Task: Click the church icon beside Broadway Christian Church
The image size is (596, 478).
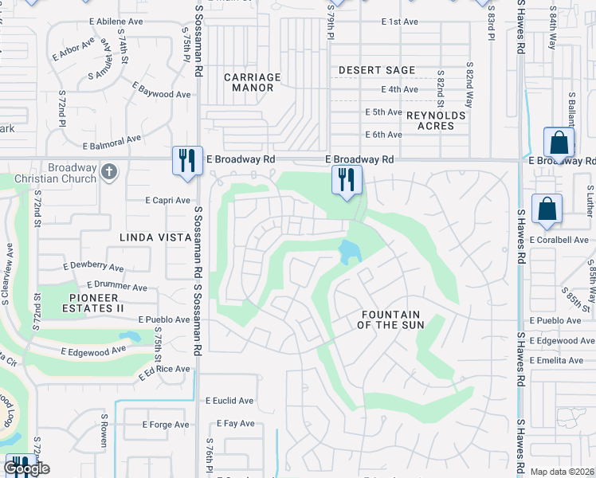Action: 110,171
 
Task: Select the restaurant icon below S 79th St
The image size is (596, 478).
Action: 347,178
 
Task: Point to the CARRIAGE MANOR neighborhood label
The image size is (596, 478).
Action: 252,83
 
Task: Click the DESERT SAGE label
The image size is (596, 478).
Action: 377,70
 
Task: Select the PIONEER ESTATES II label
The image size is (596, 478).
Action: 92,303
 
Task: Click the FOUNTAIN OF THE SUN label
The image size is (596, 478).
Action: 390,319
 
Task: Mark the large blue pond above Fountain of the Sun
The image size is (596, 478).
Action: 349,253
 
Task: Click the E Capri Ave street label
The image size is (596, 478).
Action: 168,201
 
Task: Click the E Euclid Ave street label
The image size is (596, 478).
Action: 229,401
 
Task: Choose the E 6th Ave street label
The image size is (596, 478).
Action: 383,135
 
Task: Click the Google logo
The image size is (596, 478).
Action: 26,468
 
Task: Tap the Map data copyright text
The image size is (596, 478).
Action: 563,472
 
